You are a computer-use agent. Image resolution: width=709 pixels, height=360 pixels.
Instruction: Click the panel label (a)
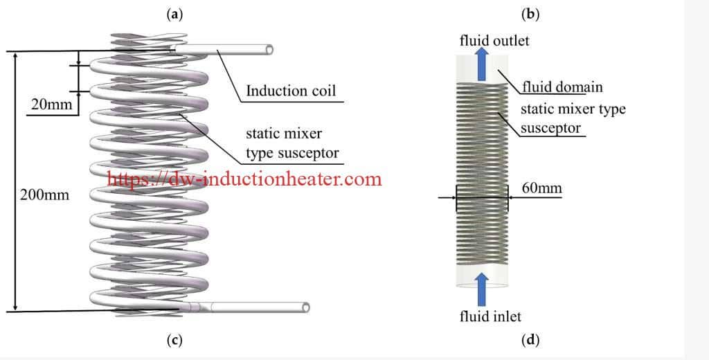click(x=175, y=14)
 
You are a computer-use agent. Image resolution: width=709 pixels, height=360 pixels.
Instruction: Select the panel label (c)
click(x=175, y=340)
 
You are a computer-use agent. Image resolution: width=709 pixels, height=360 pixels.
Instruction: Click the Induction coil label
click(x=291, y=91)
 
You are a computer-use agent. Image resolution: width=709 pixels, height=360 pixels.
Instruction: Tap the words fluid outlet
click(x=494, y=40)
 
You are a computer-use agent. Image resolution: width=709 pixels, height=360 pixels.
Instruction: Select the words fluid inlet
click(x=490, y=316)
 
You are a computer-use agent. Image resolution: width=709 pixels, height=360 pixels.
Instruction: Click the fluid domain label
click(x=562, y=87)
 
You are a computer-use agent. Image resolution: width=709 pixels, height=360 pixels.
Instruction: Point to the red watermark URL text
click(x=244, y=179)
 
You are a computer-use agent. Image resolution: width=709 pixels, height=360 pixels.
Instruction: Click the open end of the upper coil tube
click(x=270, y=50)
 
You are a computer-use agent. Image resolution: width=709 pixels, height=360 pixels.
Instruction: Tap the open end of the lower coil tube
click(x=305, y=307)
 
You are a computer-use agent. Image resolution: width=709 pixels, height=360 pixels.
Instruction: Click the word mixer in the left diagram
click(x=303, y=133)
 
